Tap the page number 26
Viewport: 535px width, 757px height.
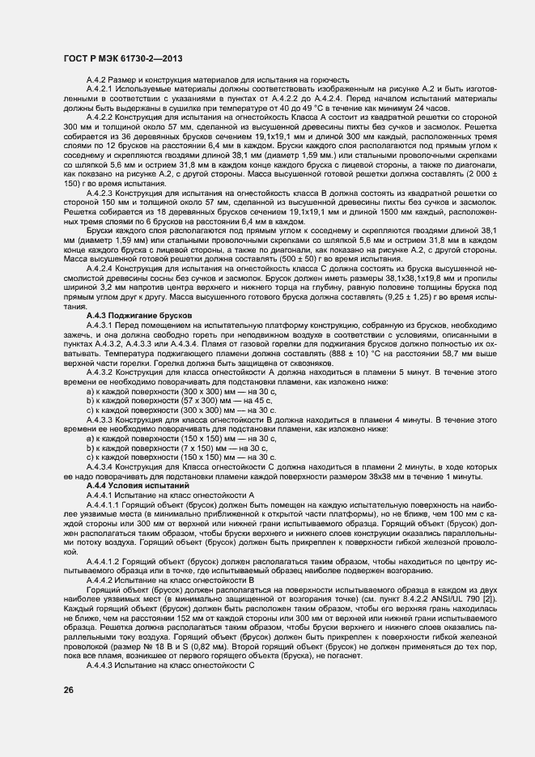pyautogui.click(x=69, y=690)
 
